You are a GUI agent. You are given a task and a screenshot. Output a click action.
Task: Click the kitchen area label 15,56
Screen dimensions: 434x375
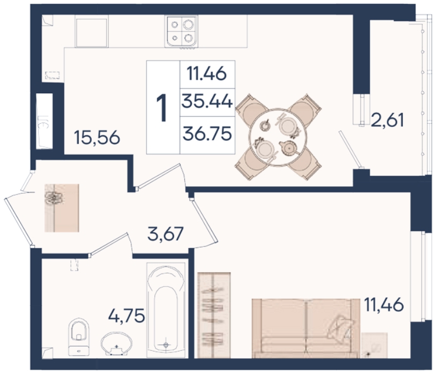pos(97,138)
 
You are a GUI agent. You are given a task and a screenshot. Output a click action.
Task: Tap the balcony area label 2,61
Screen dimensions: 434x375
pos(387,120)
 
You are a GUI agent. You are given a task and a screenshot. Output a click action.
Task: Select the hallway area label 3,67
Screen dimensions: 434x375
pos(166,234)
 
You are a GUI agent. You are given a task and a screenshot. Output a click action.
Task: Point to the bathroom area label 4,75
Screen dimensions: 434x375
pos(126,315)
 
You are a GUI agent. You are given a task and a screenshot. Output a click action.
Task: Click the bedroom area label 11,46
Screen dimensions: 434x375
pos(384,305)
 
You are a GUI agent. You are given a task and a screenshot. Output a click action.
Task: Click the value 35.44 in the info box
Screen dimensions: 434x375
pos(207,102)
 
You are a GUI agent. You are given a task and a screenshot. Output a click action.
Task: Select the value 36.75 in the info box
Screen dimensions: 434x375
pos(207,134)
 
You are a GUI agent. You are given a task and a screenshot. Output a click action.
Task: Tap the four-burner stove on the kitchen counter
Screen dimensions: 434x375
pos(181,31)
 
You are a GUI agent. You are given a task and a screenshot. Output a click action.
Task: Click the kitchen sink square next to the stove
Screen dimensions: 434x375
pos(91,33)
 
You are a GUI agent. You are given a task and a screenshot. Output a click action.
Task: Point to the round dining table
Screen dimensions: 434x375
pos(278,137)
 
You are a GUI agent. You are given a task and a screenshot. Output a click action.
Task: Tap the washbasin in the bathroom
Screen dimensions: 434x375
pos(116,343)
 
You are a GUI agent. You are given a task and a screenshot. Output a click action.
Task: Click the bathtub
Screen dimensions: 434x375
pos(166,310)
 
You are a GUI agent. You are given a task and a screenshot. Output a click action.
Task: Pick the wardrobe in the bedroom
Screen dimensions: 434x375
pos(214,315)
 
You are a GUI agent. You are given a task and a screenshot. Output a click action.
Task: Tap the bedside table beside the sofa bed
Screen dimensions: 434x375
pos(374,345)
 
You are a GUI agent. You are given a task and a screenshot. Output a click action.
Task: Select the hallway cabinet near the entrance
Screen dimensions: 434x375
pos(62,208)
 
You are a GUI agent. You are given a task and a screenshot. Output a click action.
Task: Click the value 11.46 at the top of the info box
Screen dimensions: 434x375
pos(207,74)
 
